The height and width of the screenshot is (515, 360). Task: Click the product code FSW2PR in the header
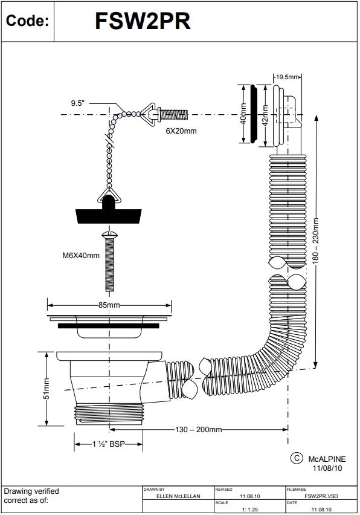(x=143, y=22)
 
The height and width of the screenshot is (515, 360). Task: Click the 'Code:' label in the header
(x=27, y=22)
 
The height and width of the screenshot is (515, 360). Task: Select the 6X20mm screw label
(x=181, y=130)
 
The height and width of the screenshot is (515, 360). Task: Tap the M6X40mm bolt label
(x=81, y=255)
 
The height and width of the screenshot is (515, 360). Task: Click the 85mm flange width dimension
(x=109, y=305)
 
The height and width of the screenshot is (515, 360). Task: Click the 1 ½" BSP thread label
(x=108, y=444)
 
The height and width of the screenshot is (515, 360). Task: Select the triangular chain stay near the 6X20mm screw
(x=145, y=113)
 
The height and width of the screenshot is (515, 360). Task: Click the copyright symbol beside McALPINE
(x=297, y=458)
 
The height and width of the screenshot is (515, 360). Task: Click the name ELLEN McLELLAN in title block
(x=178, y=496)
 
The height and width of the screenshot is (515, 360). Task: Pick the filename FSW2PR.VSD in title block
(x=321, y=496)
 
